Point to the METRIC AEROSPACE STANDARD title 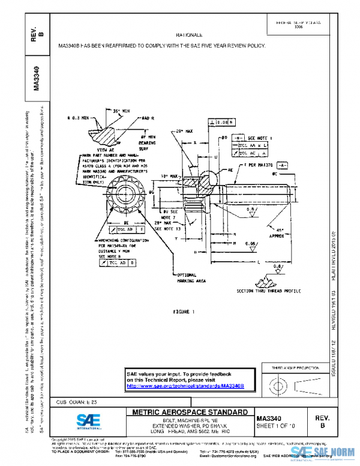pos(189,413)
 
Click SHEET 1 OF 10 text pos(275,426)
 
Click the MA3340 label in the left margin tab pos(37,77)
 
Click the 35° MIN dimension pos(122,110)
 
